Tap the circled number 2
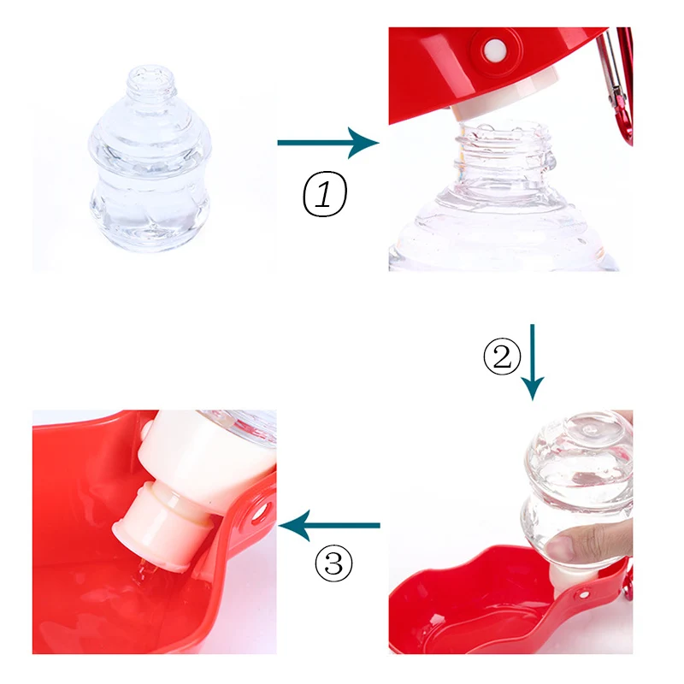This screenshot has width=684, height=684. pyautogui.click(x=501, y=357)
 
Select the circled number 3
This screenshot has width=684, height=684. pyautogui.click(x=333, y=562)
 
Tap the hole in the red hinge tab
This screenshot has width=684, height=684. pyautogui.click(x=259, y=512)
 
